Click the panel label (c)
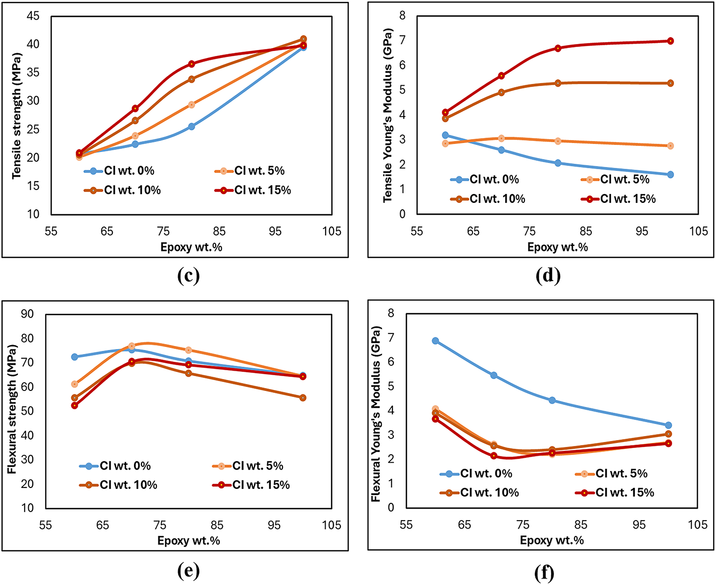(188, 275)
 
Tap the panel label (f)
(544, 573)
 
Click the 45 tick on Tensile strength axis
(33, 16)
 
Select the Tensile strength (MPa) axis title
(17, 115)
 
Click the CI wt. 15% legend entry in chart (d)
(619, 199)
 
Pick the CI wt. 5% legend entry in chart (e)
(248, 466)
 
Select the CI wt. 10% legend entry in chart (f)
(479, 493)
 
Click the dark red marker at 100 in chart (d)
(670, 41)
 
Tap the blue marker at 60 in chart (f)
(435, 341)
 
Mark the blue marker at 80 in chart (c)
(191, 127)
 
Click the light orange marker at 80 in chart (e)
(189, 350)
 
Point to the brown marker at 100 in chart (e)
(303, 398)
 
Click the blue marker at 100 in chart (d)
(670, 175)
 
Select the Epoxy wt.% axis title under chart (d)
(558, 247)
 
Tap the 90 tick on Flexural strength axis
(28, 314)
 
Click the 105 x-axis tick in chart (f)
(698, 525)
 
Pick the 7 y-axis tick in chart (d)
(402, 41)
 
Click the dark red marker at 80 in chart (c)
(191, 64)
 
